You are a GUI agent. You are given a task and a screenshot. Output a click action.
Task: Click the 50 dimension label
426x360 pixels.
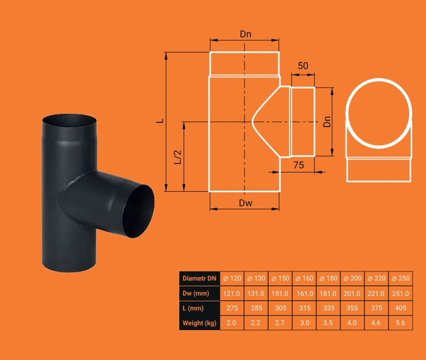303,66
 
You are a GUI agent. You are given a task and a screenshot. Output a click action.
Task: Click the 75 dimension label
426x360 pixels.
298,165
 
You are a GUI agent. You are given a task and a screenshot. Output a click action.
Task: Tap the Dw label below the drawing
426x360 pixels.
246,203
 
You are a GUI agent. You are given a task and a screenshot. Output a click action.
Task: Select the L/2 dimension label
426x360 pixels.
178,157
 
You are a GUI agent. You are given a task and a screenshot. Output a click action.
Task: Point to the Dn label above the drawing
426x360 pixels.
246,34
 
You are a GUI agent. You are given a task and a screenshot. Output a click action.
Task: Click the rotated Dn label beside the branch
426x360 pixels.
327,122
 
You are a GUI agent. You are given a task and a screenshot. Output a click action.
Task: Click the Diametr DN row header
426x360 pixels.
200,278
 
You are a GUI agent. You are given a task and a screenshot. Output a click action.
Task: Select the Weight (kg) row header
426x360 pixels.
200,323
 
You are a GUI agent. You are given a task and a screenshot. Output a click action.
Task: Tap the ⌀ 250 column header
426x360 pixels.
401,278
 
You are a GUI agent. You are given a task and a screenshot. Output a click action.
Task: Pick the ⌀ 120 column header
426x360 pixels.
232,278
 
